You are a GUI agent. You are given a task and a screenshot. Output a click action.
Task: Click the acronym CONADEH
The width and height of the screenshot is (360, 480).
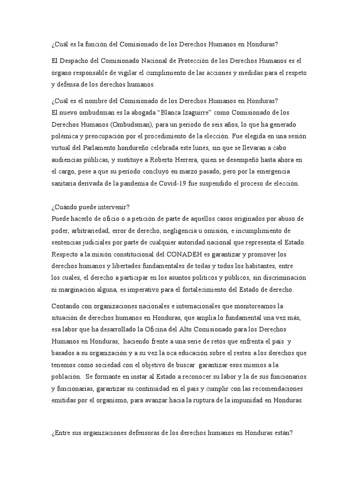(183, 255)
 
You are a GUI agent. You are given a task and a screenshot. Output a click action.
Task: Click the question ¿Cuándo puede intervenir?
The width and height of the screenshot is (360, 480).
(88, 207)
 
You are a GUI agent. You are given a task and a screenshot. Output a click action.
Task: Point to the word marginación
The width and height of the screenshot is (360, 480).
(79, 290)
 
